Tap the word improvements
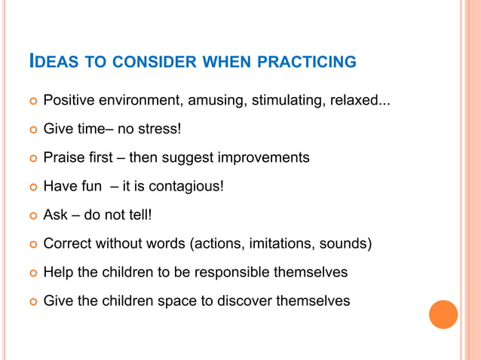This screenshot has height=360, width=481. (x=263, y=157)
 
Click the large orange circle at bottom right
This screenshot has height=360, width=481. (x=443, y=314)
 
